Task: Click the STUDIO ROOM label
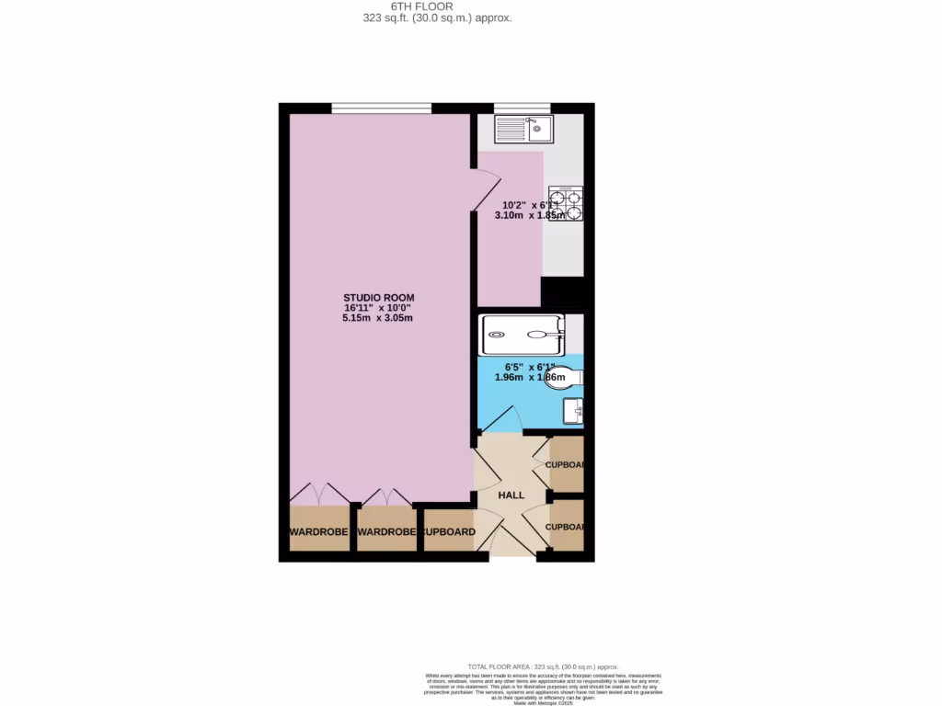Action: [x=378, y=298]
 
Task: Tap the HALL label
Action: [x=511, y=495]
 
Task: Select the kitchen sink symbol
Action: [x=523, y=129]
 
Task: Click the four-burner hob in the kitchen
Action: [x=566, y=204]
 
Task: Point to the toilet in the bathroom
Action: [x=563, y=378]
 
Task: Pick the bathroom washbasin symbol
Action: [x=575, y=411]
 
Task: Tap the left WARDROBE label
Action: [x=319, y=532]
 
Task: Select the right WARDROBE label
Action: [x=386, y=532]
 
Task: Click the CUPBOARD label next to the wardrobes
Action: [x=448, y=532]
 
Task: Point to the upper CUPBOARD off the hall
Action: [x=565, y=464]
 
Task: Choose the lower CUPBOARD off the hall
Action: [x=565, y=527]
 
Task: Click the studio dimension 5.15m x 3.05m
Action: [x=378, y=318]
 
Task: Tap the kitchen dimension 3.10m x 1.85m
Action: [x=531, y=216]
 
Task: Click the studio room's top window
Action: [x=382, y=108]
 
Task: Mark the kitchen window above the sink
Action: [x=522, y=108]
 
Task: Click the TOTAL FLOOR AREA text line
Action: [x=543, y=666]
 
